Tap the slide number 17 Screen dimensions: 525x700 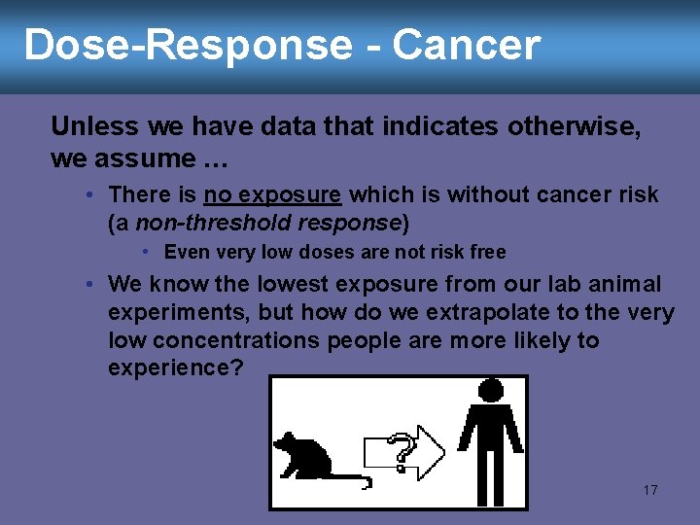click(x=650, y=490)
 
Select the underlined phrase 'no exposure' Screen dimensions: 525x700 click(x=272, y=195)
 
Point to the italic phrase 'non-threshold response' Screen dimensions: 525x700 click(x=267, y=224)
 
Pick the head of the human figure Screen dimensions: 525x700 click(x=491, y=390)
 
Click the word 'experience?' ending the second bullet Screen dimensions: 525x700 click(x=176, y=368)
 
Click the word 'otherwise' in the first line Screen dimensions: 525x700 click(x=570, y=126)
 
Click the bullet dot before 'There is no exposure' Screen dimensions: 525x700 click(x=88, y=195)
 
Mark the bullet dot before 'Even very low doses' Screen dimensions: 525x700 click(x=145, y=253)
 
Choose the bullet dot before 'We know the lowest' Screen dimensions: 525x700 click(x=88, y=285)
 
